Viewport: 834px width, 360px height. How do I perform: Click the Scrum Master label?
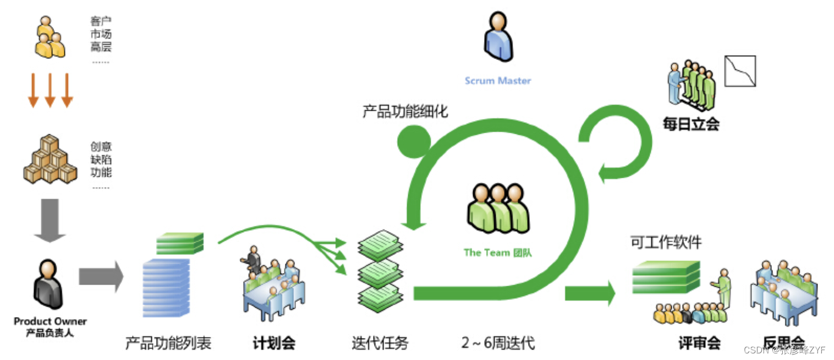point(498,81)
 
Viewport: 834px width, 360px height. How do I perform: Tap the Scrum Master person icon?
point(498,37)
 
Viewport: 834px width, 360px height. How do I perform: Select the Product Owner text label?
point(50,321)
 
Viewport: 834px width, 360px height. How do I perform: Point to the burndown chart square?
point(740,71)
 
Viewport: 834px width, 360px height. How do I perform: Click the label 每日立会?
point(691,124)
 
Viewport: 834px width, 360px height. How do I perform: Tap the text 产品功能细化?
point(405,111)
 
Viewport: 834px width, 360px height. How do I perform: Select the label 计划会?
point(274,343)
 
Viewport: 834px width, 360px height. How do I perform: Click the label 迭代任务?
point(380,343)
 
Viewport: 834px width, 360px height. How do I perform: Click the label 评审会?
point(699,343)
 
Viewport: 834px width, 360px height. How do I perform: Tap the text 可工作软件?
point(666,242)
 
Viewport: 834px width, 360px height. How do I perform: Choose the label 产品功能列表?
point(168,343)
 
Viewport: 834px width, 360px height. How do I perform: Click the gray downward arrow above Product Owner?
point(50,220)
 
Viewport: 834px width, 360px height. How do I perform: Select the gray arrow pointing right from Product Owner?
point(100,277)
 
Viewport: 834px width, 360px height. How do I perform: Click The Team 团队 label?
point(497,253)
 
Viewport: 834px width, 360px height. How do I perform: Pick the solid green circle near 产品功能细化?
point(414,141)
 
